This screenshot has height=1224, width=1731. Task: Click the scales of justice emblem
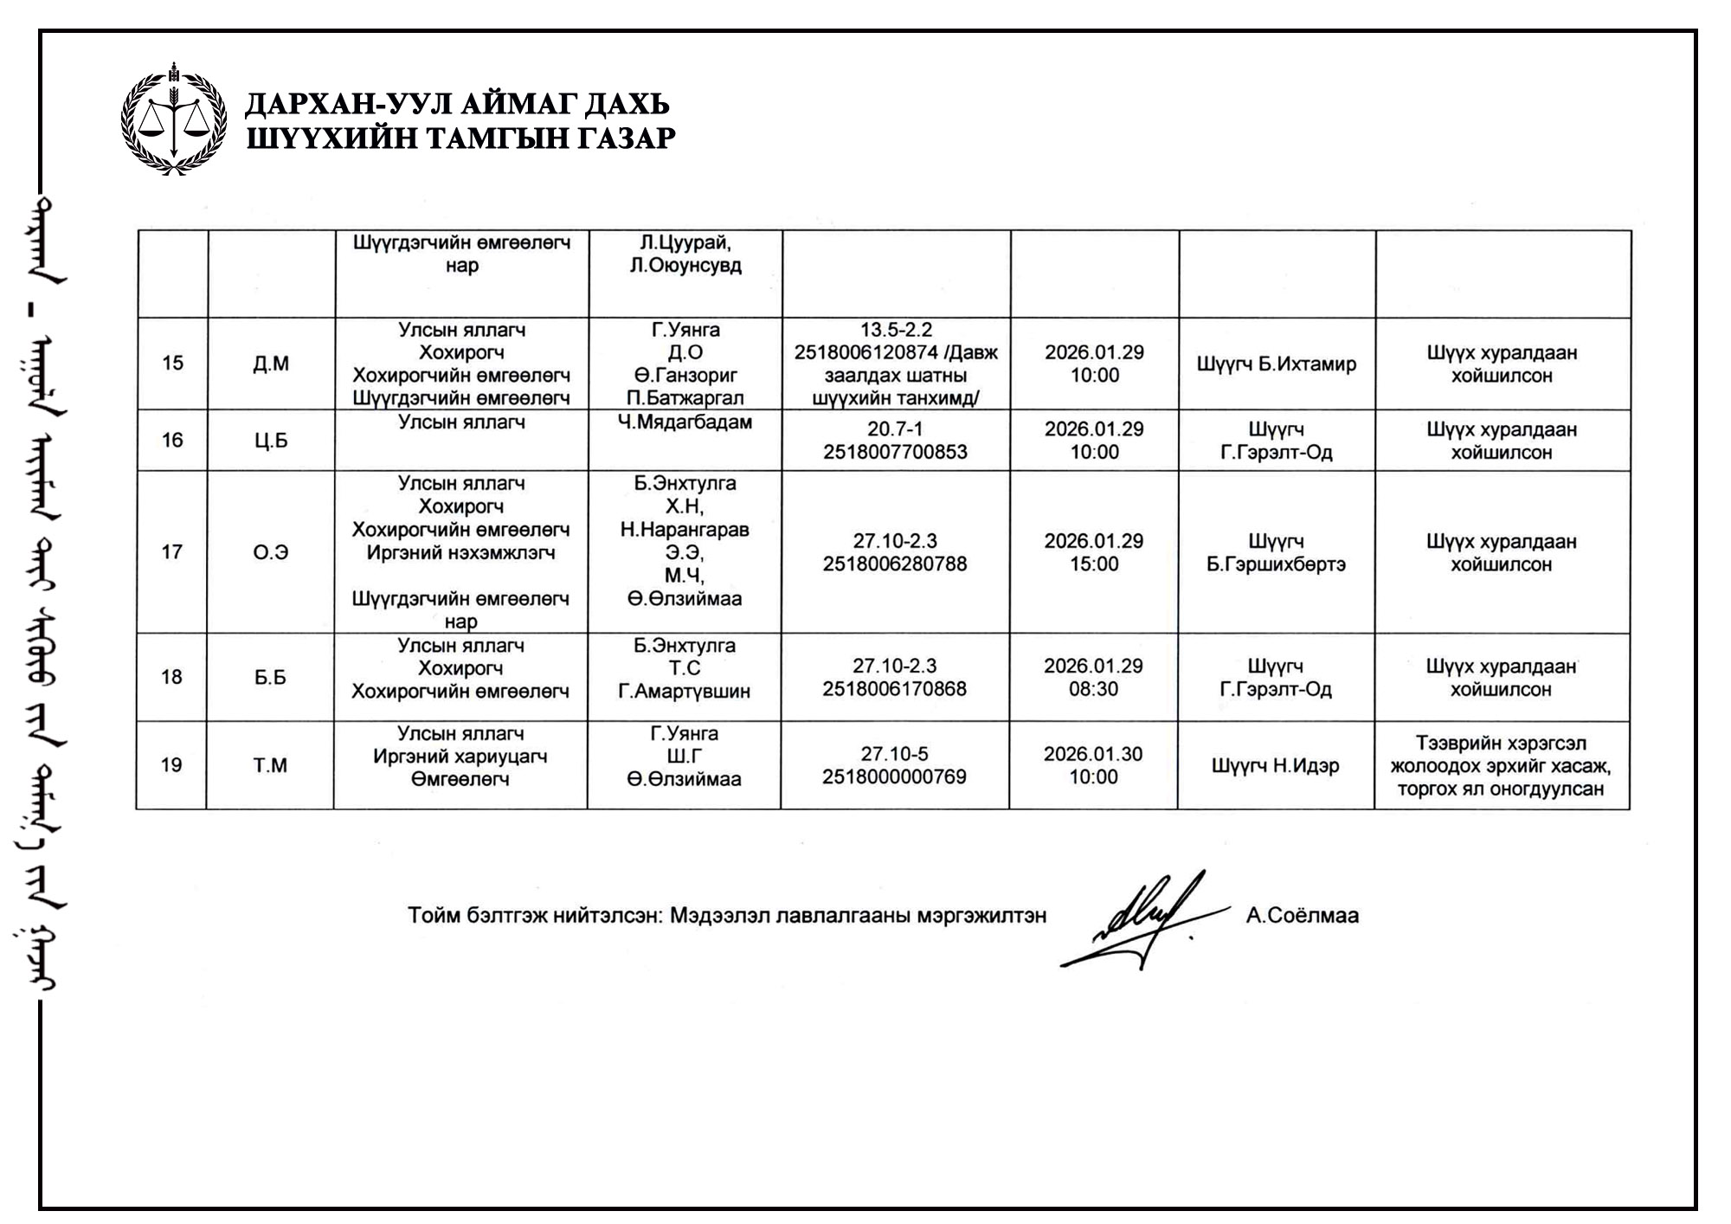tap(174, 119)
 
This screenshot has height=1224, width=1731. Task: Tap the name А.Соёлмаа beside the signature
tap(1302, 916)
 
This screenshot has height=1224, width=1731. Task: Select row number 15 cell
tap(172, 364)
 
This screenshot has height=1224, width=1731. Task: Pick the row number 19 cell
tap(171, 765)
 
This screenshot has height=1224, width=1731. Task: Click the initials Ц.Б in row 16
tap(271, 441)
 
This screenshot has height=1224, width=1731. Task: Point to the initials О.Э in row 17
tap(270, 552)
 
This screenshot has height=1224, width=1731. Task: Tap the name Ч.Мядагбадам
tap(685, 422)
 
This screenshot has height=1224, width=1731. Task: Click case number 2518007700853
tap(895, 452)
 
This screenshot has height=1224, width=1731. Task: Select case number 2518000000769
tap(894, 776)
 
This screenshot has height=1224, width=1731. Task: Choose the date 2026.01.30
tap(1093, 754)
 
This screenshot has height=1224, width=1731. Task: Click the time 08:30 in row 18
tap(1093, 689)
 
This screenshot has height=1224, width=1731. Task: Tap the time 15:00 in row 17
tap(1094, 564)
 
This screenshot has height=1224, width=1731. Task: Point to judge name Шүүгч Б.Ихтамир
tap(1276, 364)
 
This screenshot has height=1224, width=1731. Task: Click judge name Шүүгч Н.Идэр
tap(1275, 766)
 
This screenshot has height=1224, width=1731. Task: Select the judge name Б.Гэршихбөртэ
tap(1276, 564)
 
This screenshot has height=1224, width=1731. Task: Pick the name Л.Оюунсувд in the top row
tap(685, 266)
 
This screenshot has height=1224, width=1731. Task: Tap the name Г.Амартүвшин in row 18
tap(684, 692)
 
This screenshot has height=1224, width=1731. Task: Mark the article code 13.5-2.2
tap(896, 330)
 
